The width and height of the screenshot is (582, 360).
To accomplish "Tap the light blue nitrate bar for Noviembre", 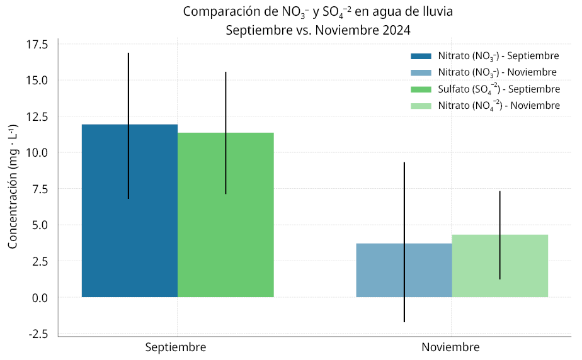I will pyautogui.click(x=378, y=271).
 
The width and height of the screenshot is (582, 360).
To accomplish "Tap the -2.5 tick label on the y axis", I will pyautogui.click(x=37, y=334).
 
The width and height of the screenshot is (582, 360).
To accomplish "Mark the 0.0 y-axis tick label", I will pyautogui.click(x=39, y=298).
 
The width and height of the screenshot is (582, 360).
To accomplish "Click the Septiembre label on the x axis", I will pyautogui.click(x=176, y=347).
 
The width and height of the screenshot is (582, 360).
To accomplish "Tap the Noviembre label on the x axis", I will pyautogui.click(x=450, y=347).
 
